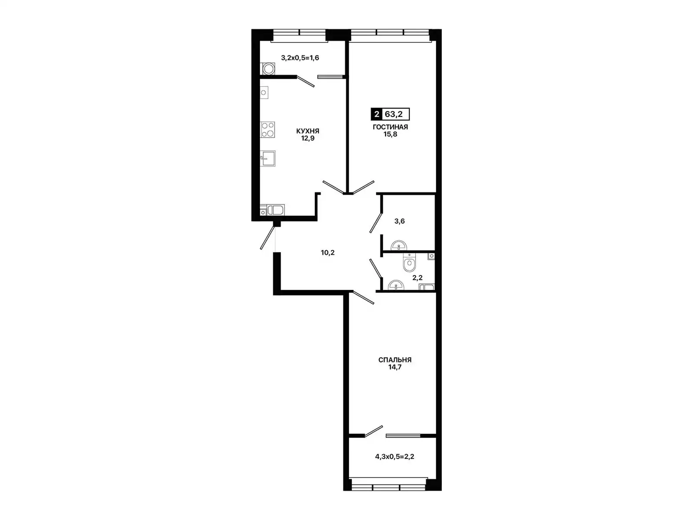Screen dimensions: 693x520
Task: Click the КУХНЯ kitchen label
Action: (308, 131)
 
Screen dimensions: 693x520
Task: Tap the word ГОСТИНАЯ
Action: (390, 127)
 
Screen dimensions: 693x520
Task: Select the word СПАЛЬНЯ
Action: (395, 360)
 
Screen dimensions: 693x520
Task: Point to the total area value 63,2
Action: (394, 114)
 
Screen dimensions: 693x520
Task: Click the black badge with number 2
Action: (376, 114)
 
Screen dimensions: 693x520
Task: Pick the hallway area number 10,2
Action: (327, 253)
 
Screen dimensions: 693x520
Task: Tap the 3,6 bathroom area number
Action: (399, 221)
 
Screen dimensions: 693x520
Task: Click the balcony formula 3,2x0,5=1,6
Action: (300, 58)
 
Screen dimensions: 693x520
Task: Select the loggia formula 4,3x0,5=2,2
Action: (394, 457)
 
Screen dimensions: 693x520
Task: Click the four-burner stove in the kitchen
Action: (267, 130)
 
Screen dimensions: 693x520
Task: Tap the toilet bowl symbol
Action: (409, 263)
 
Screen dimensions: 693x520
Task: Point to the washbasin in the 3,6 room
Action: (399, 245)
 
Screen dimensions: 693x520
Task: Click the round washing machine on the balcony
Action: (269, 69)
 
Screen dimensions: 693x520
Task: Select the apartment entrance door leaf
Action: (267, 238)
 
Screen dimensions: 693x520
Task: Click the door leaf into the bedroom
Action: (363, 297)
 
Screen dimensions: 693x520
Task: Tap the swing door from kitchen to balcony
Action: (305, 81)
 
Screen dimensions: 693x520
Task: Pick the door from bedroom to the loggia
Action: (373, 431)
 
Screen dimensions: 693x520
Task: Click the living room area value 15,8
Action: (390, 134)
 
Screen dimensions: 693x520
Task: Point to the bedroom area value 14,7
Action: (395, 367)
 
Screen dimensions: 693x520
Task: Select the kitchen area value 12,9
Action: (308, 138)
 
